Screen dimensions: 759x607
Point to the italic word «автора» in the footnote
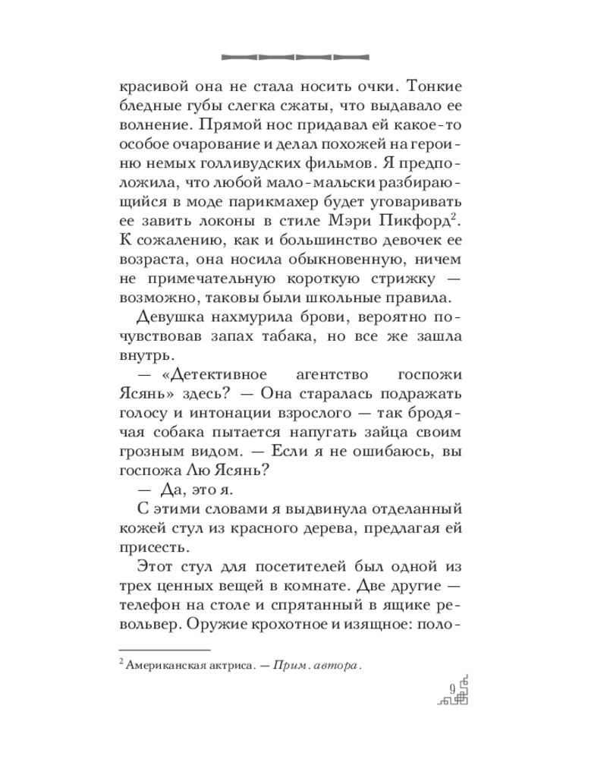point(334,665)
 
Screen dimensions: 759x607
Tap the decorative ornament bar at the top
point(294,55)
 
